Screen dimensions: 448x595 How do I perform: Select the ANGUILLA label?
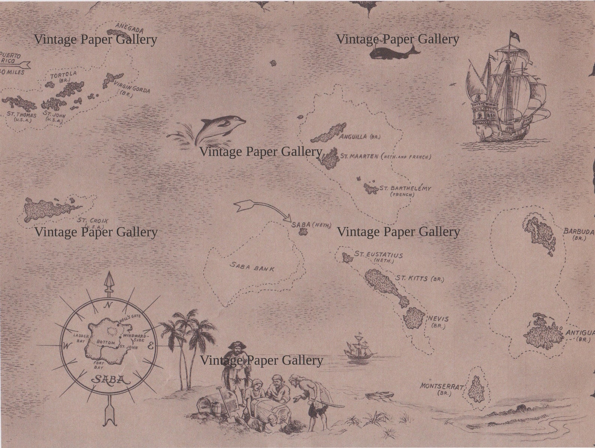[353, 137]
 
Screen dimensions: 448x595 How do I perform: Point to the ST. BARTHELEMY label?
[405, 188]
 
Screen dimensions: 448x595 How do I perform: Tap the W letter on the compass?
[66, 346]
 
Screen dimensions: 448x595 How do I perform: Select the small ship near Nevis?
[360, 347]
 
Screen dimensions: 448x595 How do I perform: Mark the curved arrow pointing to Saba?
[262, 209]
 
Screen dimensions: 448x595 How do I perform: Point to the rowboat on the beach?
[380, 395]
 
